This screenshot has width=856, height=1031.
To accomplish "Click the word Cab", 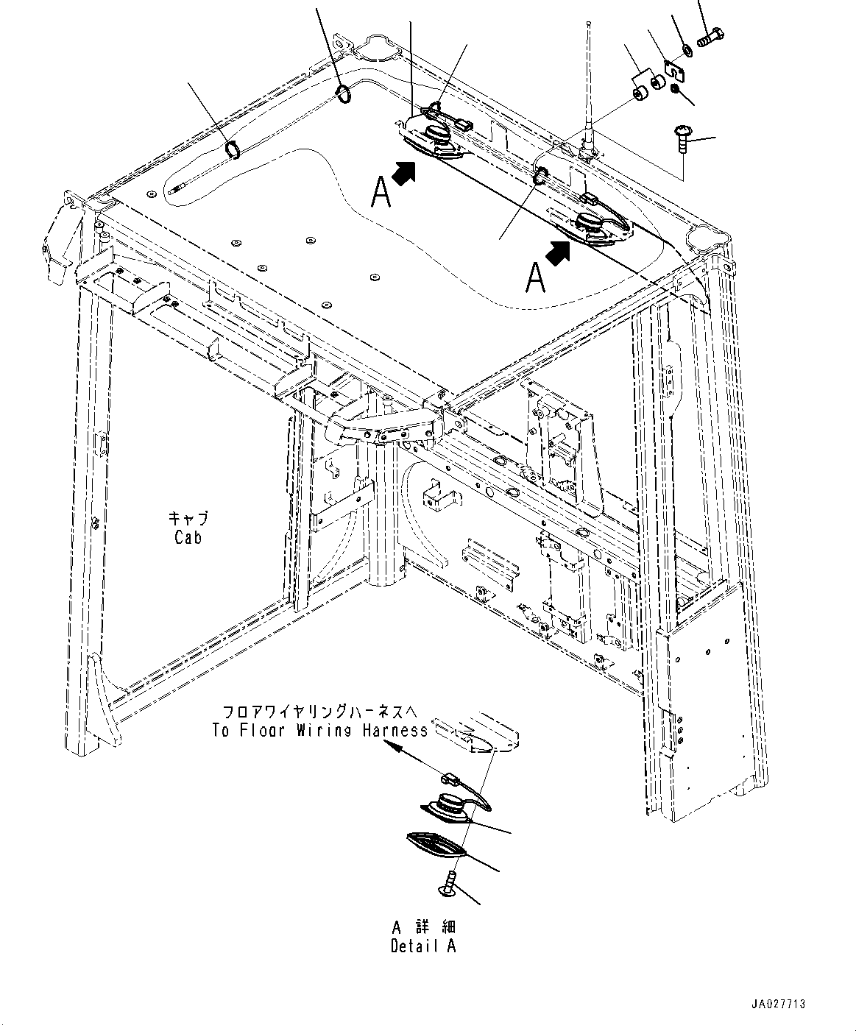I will coord(188,537).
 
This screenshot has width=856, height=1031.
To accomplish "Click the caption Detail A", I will coord(423,946).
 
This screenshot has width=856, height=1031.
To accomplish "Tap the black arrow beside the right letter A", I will coord(559,253).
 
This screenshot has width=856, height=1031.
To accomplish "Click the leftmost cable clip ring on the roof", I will coord(232,150).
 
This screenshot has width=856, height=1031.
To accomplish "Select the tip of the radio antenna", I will coord(590,24).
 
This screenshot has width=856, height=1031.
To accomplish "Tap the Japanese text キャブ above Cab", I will coord(188,517).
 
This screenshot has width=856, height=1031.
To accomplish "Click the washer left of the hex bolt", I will coord(686,49).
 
